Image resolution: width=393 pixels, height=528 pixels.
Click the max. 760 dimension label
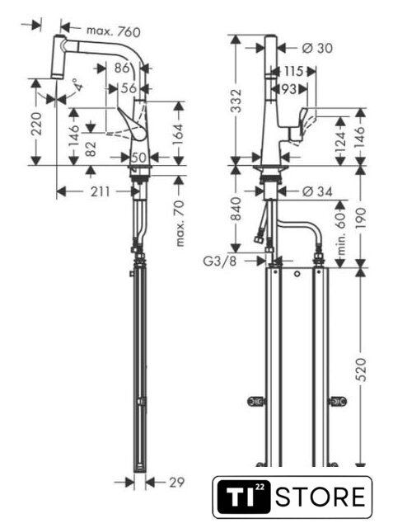click(114, 31)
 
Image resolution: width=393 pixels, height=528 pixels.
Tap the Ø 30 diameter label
click(317, 48)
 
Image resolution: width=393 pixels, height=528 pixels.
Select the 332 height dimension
click(236, 101)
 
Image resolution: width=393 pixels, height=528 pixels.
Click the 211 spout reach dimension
click(100, 191)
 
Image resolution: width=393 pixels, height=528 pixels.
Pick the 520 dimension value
click(360, 370)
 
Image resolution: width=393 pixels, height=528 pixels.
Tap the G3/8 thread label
click(220, 261)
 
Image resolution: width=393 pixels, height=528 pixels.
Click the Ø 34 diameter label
click(317, 191)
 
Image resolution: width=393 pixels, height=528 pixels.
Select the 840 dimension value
click(236, 209)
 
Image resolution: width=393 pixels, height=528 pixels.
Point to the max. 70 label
click(180, 224)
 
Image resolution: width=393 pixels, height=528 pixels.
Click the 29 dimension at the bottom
click(177, 482)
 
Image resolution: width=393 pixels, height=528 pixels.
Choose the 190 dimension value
click(360, 219)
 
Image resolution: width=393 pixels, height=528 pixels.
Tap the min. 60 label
click(341, 233)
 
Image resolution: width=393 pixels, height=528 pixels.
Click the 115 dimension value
click(293, 72)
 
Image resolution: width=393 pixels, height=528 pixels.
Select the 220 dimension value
click(36, 124)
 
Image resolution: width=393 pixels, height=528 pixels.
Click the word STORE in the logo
click(320, 497)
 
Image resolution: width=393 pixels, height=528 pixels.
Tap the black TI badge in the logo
click(243, 497)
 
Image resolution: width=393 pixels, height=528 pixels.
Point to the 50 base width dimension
click(138, 158)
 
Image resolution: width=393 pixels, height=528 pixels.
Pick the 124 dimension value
click(341, 142)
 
